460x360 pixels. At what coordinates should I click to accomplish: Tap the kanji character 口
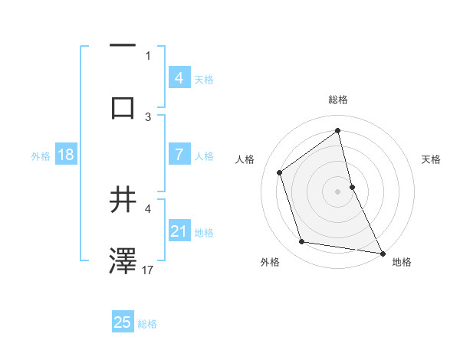(x=123, y=107)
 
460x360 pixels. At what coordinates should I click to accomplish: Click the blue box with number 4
(x=179, y=77)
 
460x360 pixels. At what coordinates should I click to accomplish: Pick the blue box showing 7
(x=179, y=154)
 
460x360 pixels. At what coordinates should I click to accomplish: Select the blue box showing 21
(x=179, y=231)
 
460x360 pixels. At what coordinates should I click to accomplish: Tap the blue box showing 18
(x=66, y=155)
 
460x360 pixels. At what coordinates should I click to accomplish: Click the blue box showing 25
(x=122, y=322)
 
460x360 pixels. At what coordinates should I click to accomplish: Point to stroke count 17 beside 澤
(x=149, y=270)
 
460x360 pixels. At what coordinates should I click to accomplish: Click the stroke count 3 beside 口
(x=148, y=116)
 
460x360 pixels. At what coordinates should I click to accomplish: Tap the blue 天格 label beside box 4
(x=204, y=80)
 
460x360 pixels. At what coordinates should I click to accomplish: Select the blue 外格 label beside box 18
(x=41, y=156)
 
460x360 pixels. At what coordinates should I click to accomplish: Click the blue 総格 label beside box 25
(x=147, y=324)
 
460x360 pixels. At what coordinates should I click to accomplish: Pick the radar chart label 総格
(x=337, y=100)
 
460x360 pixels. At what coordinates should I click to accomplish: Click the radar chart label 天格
(x=432, y=159)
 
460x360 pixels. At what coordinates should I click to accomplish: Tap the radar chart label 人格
(x=245, y=159)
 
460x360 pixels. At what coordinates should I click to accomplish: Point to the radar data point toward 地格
(x=382, y=253)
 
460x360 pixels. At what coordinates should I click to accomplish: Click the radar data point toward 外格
(x=302, y=242)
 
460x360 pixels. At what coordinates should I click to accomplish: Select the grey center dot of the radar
(x=337, y=191)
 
